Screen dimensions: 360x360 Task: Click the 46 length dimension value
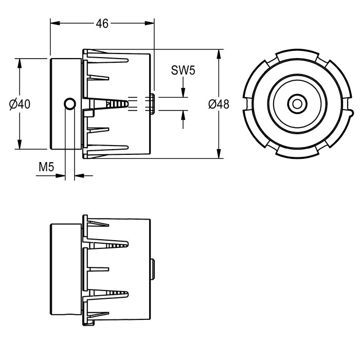(x=102, y=24)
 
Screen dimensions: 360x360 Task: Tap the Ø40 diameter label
(x=20, y=104)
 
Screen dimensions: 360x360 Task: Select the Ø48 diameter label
(x=219, y=104)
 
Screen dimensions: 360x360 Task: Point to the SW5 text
(x=183, y=70)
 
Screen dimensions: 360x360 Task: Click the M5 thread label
(x=46, y=167)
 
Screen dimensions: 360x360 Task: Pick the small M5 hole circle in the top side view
(x=70, y=104)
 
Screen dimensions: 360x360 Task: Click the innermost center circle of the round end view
(x=297, y=104)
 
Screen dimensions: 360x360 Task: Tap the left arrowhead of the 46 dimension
(x=55, y=23)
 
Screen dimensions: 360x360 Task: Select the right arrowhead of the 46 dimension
(x=150, y=23)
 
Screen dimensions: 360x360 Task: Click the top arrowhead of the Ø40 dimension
(x=20, y=63)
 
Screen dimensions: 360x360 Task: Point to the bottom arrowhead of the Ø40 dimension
(x=20, y=145)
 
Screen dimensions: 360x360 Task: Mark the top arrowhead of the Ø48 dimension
(x=219, y=54)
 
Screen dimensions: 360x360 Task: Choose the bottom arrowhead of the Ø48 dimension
(x=219, y=154)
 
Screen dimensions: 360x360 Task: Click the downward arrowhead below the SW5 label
(x=183, y=93)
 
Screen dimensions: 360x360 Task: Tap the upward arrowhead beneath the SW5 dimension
(x=183, y=115)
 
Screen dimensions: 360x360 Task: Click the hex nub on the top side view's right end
(x=152, y=104)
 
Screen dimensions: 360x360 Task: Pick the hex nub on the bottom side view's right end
(x=152, y=269)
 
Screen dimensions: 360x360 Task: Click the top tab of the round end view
(x=297, y=54)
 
